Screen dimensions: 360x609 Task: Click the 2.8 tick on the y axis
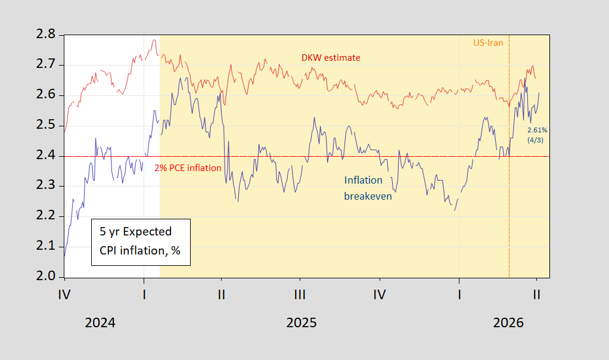coord(46,35)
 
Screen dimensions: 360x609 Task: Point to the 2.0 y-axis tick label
coord(46,277)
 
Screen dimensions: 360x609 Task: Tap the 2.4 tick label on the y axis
coord(46,156)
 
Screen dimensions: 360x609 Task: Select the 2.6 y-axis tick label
coord(46,95)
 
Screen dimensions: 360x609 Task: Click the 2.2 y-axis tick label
coord(46,216)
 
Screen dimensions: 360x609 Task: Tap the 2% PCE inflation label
coord(188,168)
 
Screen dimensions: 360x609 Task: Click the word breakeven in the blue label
coord(368,195)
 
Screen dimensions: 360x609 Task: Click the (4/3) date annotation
coord(536,139)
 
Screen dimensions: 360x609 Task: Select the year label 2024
coord(100,323)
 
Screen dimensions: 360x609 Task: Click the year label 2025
coord(302,323)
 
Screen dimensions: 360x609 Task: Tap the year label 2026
coord(508,323)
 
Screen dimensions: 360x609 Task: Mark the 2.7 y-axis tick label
coord(46,65)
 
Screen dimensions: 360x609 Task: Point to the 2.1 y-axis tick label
coord(46,246)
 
